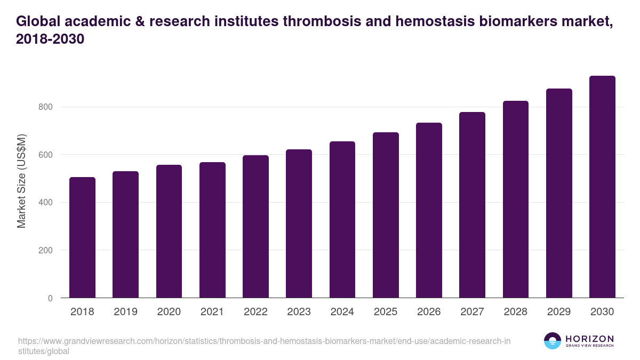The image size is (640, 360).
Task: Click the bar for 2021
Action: (x=212, y=230)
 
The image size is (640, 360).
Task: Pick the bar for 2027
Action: (x=472, y=205)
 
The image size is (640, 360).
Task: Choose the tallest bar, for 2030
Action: (x=602, y=187)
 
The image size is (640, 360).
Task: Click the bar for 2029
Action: (x=559, y=193)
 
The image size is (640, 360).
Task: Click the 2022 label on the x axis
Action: (x=255, y=312)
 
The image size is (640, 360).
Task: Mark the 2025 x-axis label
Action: (x=386, y=312)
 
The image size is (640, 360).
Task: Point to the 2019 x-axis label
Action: (x=125, y=312)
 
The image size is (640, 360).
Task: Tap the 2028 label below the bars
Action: (x=515, y=312)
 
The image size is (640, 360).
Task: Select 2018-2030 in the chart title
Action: (x=51, y=39)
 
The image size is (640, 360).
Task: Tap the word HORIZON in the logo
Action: (x=589, y=339)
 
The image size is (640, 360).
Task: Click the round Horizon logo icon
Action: (x=553, y=341)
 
